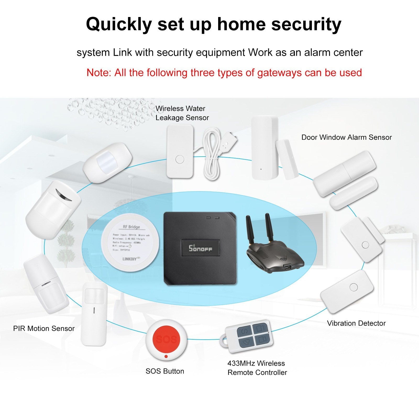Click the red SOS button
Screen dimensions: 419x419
167,340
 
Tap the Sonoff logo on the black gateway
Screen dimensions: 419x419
200,248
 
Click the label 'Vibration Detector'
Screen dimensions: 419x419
356,323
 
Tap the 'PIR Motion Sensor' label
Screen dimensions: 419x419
44,328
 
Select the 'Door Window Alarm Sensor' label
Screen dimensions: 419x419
346,137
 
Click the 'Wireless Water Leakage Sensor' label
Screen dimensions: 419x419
182,113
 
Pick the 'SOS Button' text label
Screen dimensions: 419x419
165,371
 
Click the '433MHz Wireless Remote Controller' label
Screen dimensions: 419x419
257,368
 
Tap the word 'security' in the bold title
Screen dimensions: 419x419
306,24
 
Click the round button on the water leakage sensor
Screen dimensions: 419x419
180,159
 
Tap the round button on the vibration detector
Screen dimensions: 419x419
354,287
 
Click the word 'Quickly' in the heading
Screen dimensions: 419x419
119,24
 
